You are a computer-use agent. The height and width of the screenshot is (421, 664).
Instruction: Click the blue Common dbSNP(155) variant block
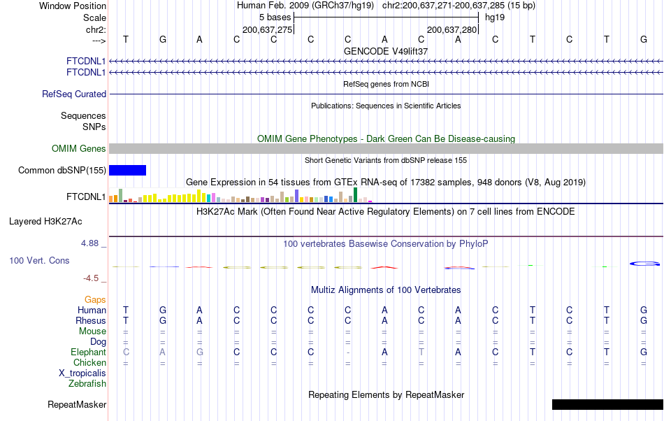127,170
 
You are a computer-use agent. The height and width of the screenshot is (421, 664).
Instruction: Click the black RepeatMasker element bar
607,404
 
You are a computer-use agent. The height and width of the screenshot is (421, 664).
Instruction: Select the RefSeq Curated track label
74,94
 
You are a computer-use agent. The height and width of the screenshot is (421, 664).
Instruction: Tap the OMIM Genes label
79,148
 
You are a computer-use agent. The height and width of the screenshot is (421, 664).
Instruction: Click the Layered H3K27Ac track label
45,222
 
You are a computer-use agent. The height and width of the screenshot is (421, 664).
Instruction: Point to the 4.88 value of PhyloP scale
91,243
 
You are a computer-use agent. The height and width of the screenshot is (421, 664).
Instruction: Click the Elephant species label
88,352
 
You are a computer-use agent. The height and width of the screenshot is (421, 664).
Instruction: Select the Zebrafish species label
87,383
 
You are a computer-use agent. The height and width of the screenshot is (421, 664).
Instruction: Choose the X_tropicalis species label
82,373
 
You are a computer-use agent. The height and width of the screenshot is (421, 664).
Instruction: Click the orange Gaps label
95,299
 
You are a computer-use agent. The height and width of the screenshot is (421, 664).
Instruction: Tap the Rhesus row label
90,320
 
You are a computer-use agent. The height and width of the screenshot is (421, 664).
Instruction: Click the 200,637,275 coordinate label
267,29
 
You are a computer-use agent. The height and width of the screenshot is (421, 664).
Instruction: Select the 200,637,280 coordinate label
452,29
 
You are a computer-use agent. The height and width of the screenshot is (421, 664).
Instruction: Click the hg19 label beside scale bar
495,17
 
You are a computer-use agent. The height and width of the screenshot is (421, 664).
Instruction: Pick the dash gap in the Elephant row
347,352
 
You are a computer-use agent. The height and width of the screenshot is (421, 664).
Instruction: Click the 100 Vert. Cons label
39,260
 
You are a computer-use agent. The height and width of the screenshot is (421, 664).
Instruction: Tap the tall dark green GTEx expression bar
356,195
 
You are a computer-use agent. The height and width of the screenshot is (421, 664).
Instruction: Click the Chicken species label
89,362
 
